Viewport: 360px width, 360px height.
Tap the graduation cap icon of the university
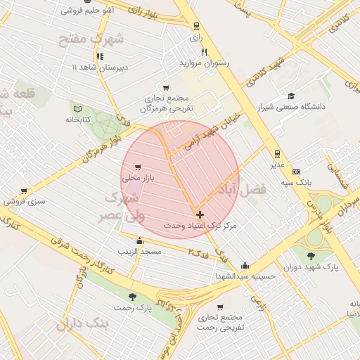point(291,96)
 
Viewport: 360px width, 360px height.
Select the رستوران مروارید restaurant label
point(205,63)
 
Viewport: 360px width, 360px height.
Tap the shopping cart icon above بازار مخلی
point(137,167)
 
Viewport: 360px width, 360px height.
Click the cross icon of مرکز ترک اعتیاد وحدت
point(200,214)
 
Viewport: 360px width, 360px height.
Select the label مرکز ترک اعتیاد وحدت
point(200,226)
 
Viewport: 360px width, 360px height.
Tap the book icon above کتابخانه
point(77,108)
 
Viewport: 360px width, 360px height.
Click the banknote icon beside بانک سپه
point(296,172)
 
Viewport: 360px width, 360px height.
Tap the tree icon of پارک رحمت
point(133,297)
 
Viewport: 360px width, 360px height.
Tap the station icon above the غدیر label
point(278,153)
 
